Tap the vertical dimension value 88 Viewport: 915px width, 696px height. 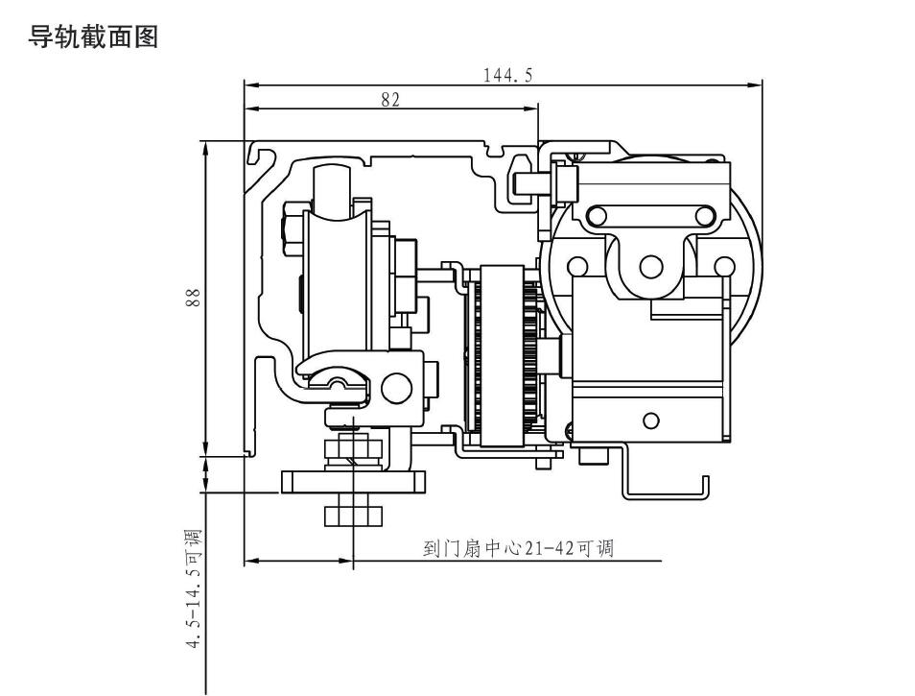[193, 300]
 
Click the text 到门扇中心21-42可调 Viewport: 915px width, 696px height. [517, 549]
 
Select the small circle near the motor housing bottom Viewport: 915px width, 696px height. [651, 420]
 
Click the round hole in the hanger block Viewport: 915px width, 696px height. [395, 388]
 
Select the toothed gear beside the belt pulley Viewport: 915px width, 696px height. [528, 355]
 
